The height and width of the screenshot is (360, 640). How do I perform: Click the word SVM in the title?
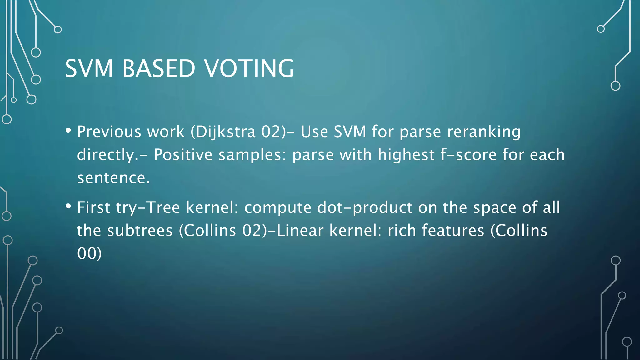click(x=89, y=68)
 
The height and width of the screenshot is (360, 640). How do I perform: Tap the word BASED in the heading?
click(x=158, y=68)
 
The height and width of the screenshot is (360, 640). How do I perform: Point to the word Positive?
click(x=183, y=155)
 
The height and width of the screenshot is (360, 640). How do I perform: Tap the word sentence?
click(x=113, y=178)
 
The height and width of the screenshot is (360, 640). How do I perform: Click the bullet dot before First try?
click(x=68, y=206)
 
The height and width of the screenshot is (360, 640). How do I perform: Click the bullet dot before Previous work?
click(x=68, y=130)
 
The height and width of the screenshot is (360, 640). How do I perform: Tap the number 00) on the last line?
click(x=89, y=254)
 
